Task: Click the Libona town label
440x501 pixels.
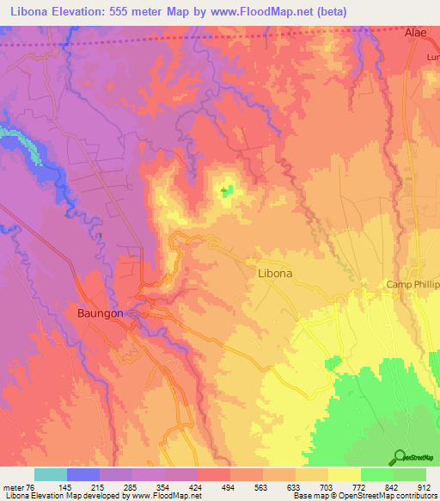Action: (275, 273)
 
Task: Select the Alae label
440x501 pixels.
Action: (416, 32)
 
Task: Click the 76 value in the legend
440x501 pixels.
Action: (34, 486)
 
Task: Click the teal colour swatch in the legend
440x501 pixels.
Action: (50, 474)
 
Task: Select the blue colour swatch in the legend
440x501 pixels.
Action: (82, 474)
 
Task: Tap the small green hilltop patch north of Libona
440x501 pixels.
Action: (226, 190)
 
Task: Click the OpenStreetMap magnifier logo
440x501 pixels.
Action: (398, 457)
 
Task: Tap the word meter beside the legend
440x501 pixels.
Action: (13, 486)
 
